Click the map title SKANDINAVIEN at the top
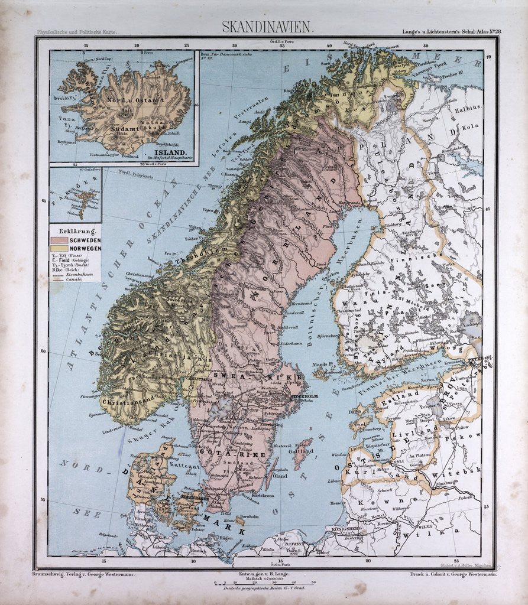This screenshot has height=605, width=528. (x=268, y=27)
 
